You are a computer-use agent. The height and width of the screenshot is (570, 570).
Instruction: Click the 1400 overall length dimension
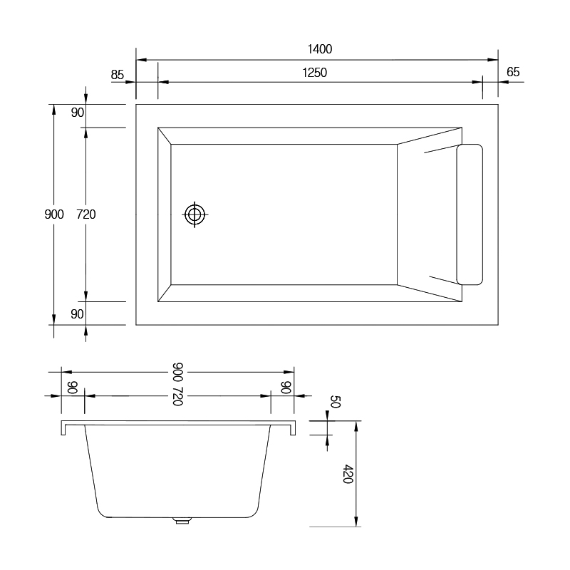[320, 49]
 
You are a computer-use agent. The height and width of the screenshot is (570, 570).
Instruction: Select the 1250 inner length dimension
[315, 73]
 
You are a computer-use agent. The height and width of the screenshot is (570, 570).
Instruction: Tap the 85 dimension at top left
[118, 75]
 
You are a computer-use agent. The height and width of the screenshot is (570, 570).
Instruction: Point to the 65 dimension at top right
[513, 72]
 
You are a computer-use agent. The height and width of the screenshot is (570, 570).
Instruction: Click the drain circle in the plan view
[195, 214]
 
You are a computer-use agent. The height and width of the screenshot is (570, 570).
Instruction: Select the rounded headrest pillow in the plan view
[470, 214]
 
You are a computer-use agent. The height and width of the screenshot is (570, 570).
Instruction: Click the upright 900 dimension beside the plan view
[54, 214]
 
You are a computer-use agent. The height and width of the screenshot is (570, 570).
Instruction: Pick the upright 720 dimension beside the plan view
[86, 214]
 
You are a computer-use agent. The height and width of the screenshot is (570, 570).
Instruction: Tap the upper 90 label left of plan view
[78, 113]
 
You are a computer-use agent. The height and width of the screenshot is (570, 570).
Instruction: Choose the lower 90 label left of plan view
[77, 313]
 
